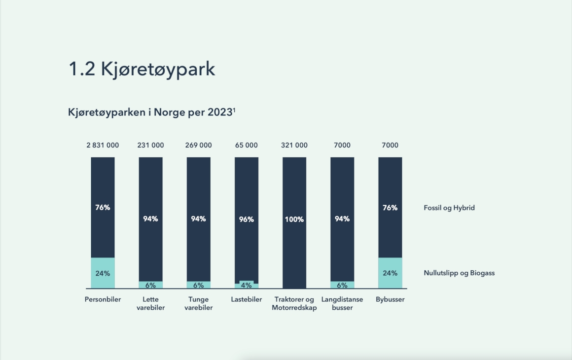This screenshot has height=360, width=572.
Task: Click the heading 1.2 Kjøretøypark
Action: click(x=142, y=69)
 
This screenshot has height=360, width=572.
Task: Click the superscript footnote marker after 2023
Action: click(x=234, y=110)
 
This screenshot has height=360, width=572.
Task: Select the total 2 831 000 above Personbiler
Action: click(x=103, y=145)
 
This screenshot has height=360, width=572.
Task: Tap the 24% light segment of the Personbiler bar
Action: click(x=103, y=273)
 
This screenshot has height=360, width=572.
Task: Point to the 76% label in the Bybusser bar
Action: click(x=390, y=208)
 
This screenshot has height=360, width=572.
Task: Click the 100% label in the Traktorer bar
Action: click(x=294, y=219)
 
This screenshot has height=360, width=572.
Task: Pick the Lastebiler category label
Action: click(x=246, y=299)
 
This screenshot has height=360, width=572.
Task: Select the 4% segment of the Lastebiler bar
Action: click(x=246, y=285)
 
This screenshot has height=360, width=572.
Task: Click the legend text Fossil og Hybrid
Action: click(x=449, y=208)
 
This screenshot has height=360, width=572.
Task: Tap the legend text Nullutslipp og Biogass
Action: click(x=459, y=273)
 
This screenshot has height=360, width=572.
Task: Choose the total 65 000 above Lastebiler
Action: click(x=246, y=145)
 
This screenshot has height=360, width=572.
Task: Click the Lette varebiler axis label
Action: click(x=150, y=303)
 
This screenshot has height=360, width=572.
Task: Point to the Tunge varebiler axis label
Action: click(x=198, y=303)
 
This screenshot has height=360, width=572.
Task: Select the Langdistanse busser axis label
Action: click(x=342, y=303)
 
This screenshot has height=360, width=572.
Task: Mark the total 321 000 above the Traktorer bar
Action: click(x=294, y=145)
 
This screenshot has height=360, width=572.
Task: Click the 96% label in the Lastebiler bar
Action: click(x=246, y=219)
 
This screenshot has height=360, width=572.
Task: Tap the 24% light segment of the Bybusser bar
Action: click(x=390, y=273)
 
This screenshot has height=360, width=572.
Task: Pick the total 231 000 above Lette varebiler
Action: click(x=150, y=145)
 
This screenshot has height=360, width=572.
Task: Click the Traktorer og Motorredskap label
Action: click(x=294, y=303)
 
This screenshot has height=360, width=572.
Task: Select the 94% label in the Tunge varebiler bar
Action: click(x=198, y=219)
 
